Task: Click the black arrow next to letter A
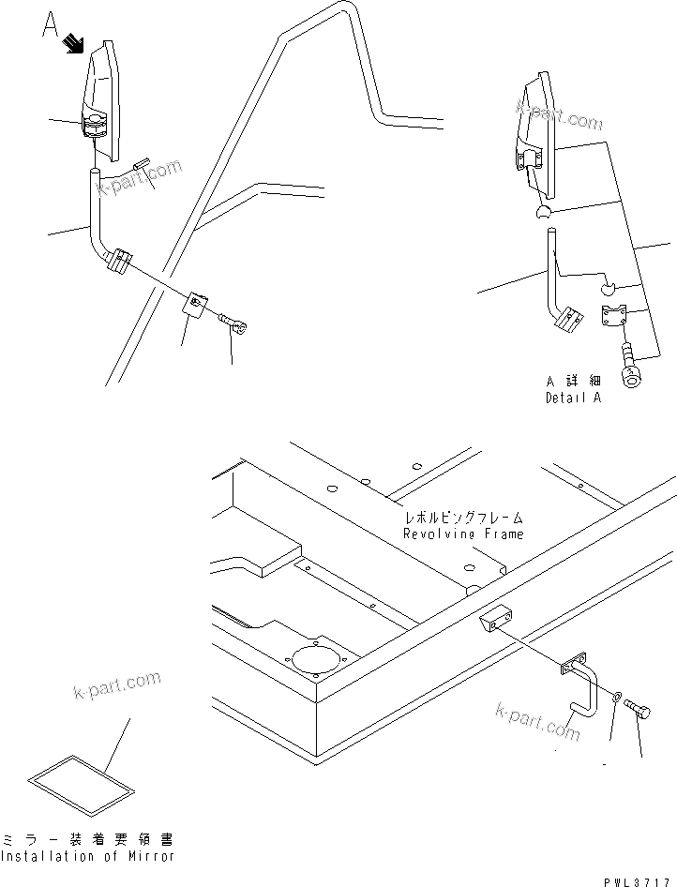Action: (x=74, y=44)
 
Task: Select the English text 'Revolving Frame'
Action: (x=463, y=534)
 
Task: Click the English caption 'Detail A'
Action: (x=573, y=398)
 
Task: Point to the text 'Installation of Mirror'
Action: (x=87, y=856)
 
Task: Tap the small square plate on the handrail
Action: (x=197, y=304)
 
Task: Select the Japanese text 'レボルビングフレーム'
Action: (x=463, y=518)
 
